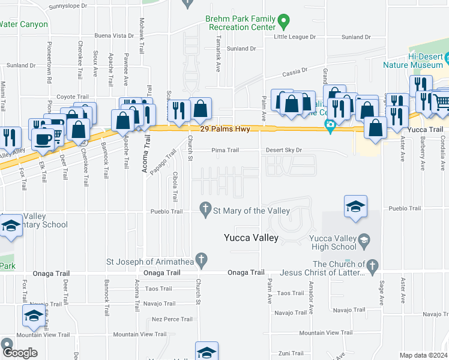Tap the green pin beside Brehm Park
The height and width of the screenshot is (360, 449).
coord(285,23)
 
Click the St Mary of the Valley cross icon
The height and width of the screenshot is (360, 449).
coord(205,209)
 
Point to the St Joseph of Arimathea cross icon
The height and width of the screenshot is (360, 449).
coord(202,260)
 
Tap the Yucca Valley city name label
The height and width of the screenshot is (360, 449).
coord(251,238)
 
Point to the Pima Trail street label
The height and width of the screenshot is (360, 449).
coord(226,150)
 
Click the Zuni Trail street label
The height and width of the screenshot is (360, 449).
coord(292,353)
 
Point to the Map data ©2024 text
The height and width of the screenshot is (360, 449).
coord(423,355)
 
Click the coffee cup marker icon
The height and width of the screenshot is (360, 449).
coord(42,139)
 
